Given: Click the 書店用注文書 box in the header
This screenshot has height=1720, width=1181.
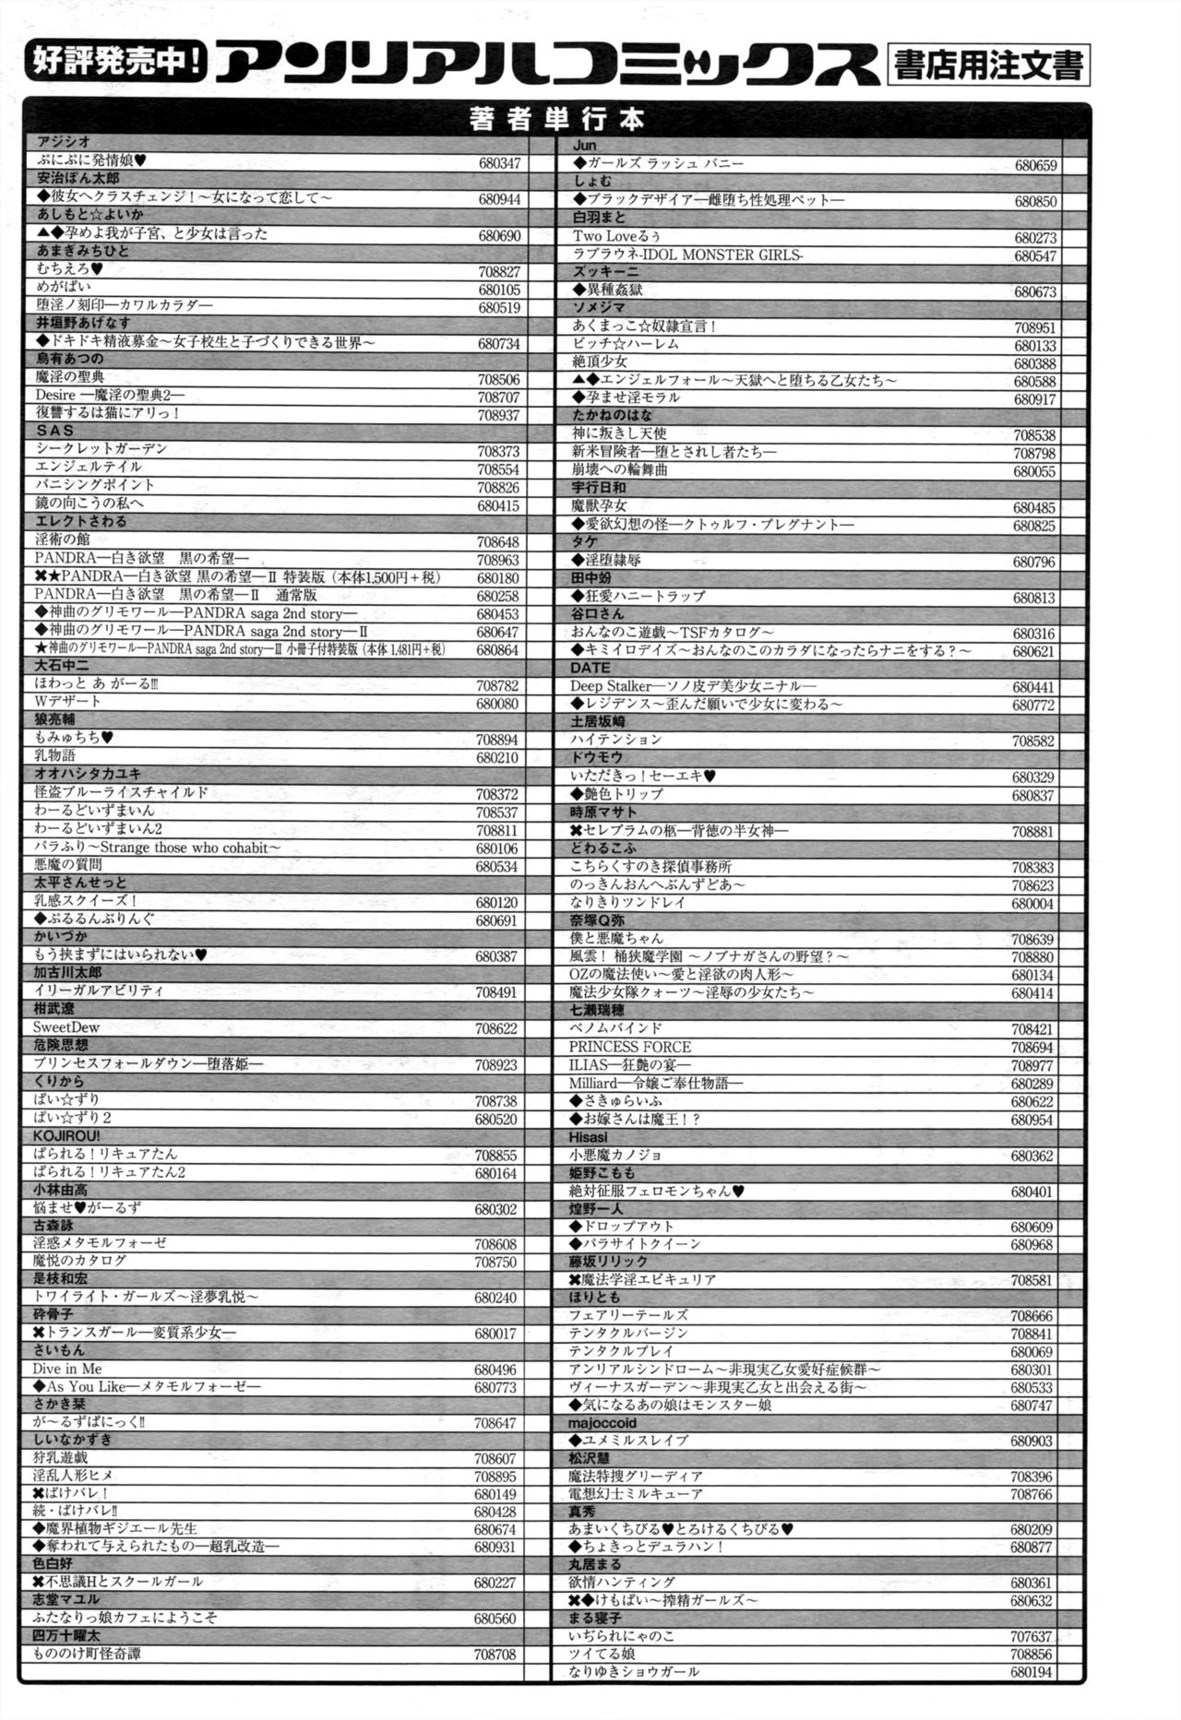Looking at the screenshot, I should click(986, 65).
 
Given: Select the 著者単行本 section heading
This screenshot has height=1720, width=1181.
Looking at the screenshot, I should click(555, 119).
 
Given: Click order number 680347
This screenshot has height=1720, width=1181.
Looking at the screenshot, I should click(499, 163).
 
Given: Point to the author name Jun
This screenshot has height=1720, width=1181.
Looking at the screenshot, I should click(584, 145).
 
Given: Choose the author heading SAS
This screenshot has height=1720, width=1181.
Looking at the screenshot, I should click(54, 431).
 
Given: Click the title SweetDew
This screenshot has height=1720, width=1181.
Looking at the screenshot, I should click(66, 1027).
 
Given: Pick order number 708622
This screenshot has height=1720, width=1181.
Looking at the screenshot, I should click(496, 1029).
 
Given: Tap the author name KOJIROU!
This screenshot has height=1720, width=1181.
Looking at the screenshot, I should click(66, 1135).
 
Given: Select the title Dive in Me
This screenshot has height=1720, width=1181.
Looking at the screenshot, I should click(67, 1369).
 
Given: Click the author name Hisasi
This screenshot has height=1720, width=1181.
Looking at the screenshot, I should click(588, 1137).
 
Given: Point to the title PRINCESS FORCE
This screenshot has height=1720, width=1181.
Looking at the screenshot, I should click(629, 1047).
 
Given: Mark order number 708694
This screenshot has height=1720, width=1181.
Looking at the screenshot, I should click(1032, 1048).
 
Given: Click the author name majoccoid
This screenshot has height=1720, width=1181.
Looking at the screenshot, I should click(602, 1423).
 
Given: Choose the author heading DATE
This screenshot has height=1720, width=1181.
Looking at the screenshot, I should click(590, 668).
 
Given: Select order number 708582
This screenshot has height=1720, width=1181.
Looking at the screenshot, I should click(1032, 741).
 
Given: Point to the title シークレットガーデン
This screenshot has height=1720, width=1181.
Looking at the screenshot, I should click(101, 449).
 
